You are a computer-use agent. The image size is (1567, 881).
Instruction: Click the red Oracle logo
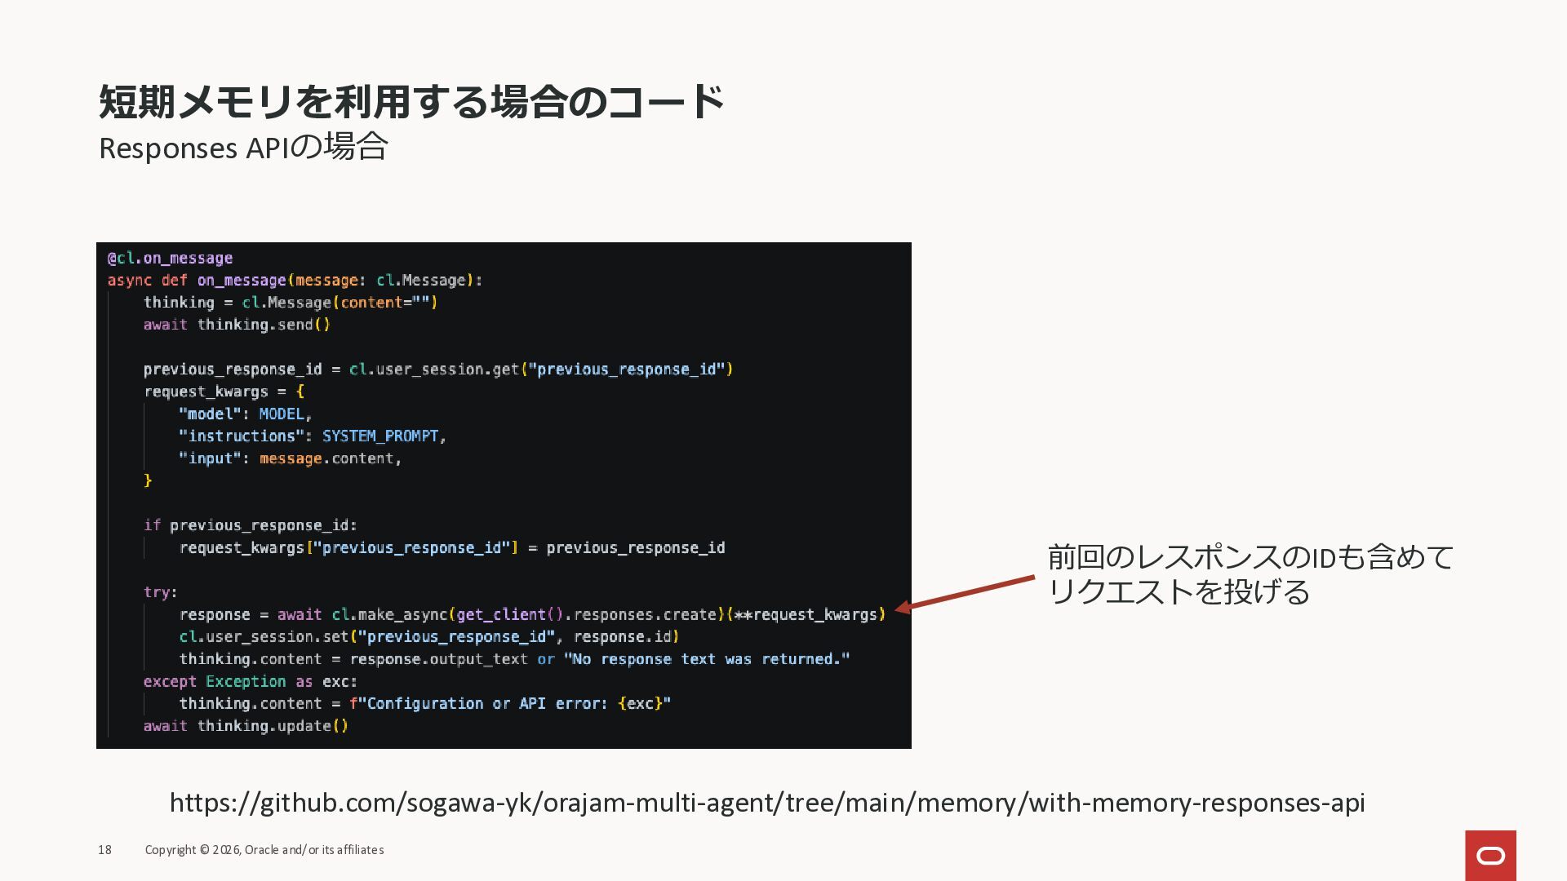(x=1490, y=855)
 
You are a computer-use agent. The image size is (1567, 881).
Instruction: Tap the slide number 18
(x=104, y=850)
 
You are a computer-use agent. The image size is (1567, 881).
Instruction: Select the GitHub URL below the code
(x=766, y=803)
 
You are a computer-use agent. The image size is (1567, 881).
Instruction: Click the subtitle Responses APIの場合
(x=242, y=148)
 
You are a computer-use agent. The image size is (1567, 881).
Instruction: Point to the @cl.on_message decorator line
(x=171, y=259)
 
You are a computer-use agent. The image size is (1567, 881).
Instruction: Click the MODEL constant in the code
(x=282, y=414)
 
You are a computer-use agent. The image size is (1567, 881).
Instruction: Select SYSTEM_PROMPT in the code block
(x=380, y=436)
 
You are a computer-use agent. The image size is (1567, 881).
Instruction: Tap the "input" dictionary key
(x=210, y=458)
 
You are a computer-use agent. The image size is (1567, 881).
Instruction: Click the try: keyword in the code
(x=160, y=592)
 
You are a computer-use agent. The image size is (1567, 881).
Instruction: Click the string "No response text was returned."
(x=706, y=659)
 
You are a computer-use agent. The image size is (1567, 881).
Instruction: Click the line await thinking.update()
(x=246, y=726)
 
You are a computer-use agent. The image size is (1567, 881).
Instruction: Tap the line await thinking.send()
(x=237, y=325)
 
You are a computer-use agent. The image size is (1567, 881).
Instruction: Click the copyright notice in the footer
(x=264, y=850)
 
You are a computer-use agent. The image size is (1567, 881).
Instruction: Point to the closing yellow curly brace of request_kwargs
(x=148, y=480)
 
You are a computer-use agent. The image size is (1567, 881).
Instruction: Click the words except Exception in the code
(x=215, y=681)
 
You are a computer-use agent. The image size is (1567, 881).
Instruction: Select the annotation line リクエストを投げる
(x=1178, y=592)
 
